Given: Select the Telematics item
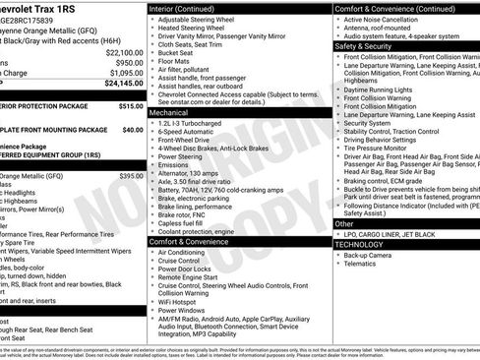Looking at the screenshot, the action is click(x=361, y=264).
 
